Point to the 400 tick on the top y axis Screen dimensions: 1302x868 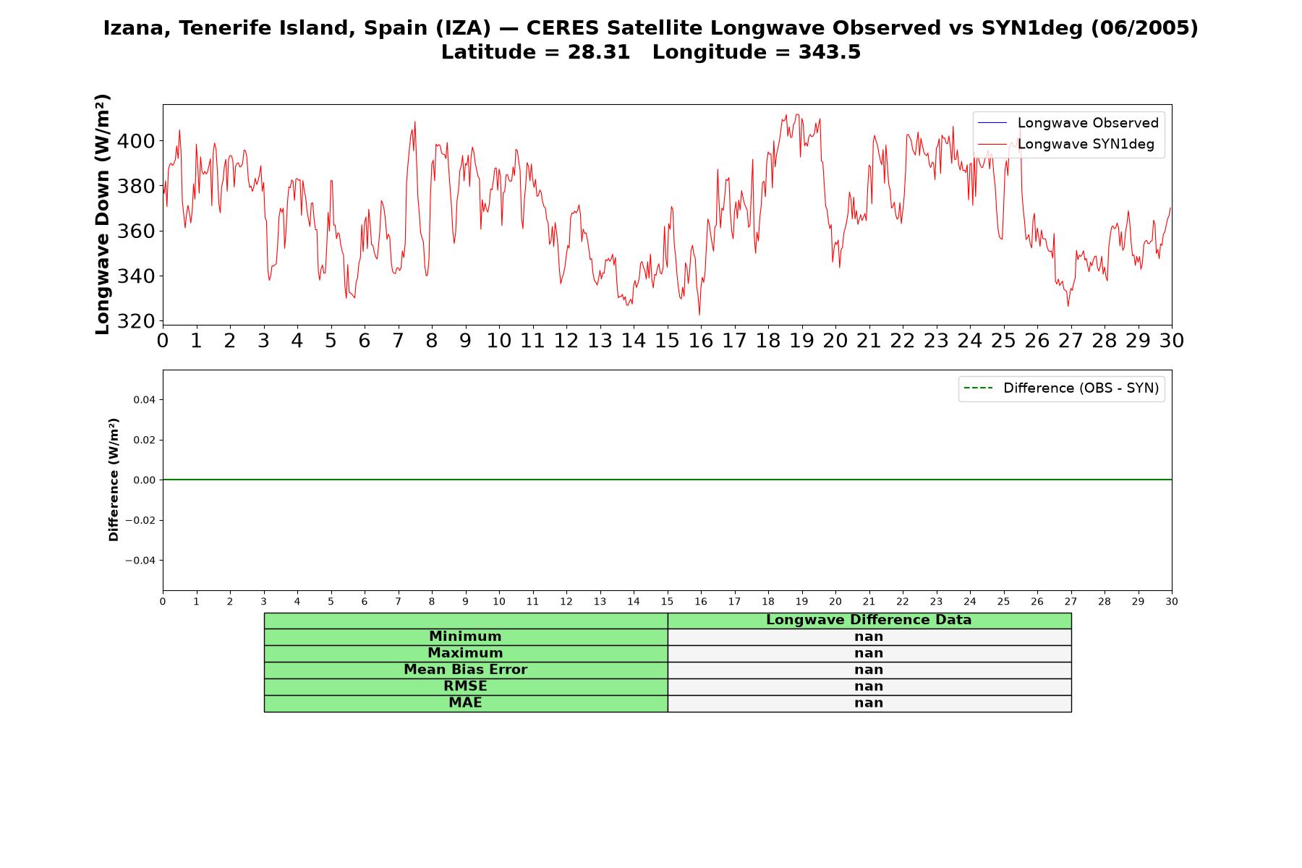pos(136,141)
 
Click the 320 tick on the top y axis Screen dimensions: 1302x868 pos(136,321)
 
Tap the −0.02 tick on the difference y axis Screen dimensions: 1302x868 pos(140,521)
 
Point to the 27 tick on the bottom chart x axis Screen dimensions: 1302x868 pos(1071,602)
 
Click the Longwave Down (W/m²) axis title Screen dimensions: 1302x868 pos(103,214)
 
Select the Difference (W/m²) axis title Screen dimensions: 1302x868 pos(114,480)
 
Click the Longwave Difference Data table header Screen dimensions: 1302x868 pos(869,621)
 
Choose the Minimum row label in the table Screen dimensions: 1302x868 pos(465,637)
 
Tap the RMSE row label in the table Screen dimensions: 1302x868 pos(465,686)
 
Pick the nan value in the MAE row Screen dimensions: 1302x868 pos(869,703)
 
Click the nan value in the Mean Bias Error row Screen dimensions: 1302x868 pos(869,670)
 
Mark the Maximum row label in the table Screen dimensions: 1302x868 pos(465,654)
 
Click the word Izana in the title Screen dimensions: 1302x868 pos(138,29)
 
